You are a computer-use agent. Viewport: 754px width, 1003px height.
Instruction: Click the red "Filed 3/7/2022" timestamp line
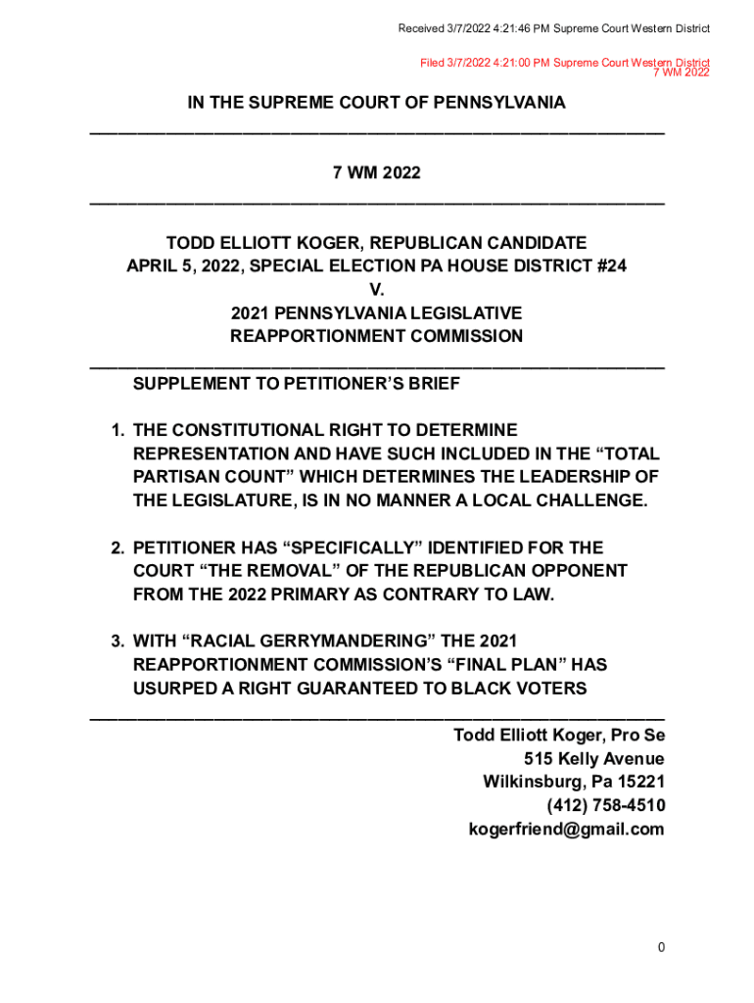(x=564, y=63)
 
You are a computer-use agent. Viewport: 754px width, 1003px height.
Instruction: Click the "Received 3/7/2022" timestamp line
(x=553, y=28)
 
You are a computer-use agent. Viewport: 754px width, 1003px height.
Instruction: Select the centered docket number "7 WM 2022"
(x=377, y=173)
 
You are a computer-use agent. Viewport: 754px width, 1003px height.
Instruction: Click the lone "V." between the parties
(x=377, y=290)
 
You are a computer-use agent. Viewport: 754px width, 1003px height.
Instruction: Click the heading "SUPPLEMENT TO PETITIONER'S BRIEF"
(x=296, y=384)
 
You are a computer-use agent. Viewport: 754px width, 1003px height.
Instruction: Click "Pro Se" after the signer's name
(x=636, y=736)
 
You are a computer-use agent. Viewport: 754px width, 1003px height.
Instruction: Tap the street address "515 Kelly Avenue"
(x=594, y=759)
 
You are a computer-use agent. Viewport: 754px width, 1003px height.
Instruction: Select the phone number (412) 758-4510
(x=606, y=806)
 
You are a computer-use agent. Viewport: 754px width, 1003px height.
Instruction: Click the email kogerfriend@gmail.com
(x=567, y=830)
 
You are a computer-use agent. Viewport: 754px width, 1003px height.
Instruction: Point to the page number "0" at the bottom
(x=662, y=947)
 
